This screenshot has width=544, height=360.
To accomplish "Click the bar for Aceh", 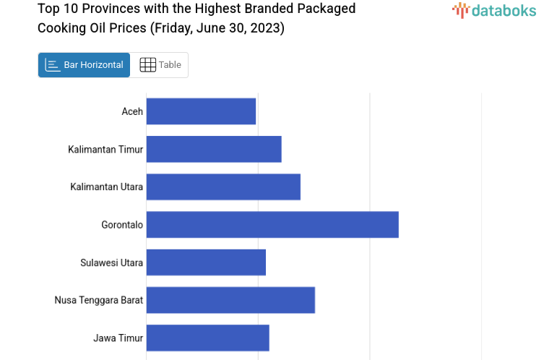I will pyautogui.click(x=201, y=111).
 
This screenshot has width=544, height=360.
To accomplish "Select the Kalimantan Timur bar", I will pyautogui.click(x=214, y=149).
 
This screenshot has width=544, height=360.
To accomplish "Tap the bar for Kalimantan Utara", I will pyautogui.click(x=223, y=187).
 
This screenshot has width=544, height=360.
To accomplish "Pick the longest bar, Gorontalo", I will pyautogui.click(x=272, y=224).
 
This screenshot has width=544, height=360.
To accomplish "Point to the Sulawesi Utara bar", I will pyautogui.click(x=206, y=262).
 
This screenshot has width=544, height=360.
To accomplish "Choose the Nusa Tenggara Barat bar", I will pyautogui.click(x=230, y=299).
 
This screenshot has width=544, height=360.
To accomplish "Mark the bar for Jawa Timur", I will pyautogui.click(x=207, y=338).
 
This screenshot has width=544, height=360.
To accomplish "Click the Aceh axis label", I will pyautogui.click(x=132, y=111).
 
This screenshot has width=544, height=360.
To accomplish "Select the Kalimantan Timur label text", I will pyautogui.click(x=105, y=150).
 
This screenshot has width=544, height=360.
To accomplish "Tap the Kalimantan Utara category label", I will pyautogui.click(x=106, y=187).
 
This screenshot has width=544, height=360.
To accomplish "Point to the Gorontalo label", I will pyautogui.click(x=122, y=225).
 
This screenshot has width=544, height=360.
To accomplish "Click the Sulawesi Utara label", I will pyautogui.click(x=111, y=262).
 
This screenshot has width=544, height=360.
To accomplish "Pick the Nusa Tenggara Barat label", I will pyautogui.click(x=98, y=300).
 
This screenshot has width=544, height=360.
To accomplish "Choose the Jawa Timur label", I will pyautogui.click(x=118, y=338).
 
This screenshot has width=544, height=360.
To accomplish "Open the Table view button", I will pyautogui.click(x=160, y=65).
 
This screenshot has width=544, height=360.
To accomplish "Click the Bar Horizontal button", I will pyautogui.click(x=85, y=65).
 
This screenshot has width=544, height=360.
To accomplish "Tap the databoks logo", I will pyautogui.click(x=493, y=10).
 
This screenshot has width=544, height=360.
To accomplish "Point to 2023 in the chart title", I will pyautogui.click(x=266, y=28).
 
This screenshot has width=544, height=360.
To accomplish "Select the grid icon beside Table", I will pyautogui.click(x=147, y=65).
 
